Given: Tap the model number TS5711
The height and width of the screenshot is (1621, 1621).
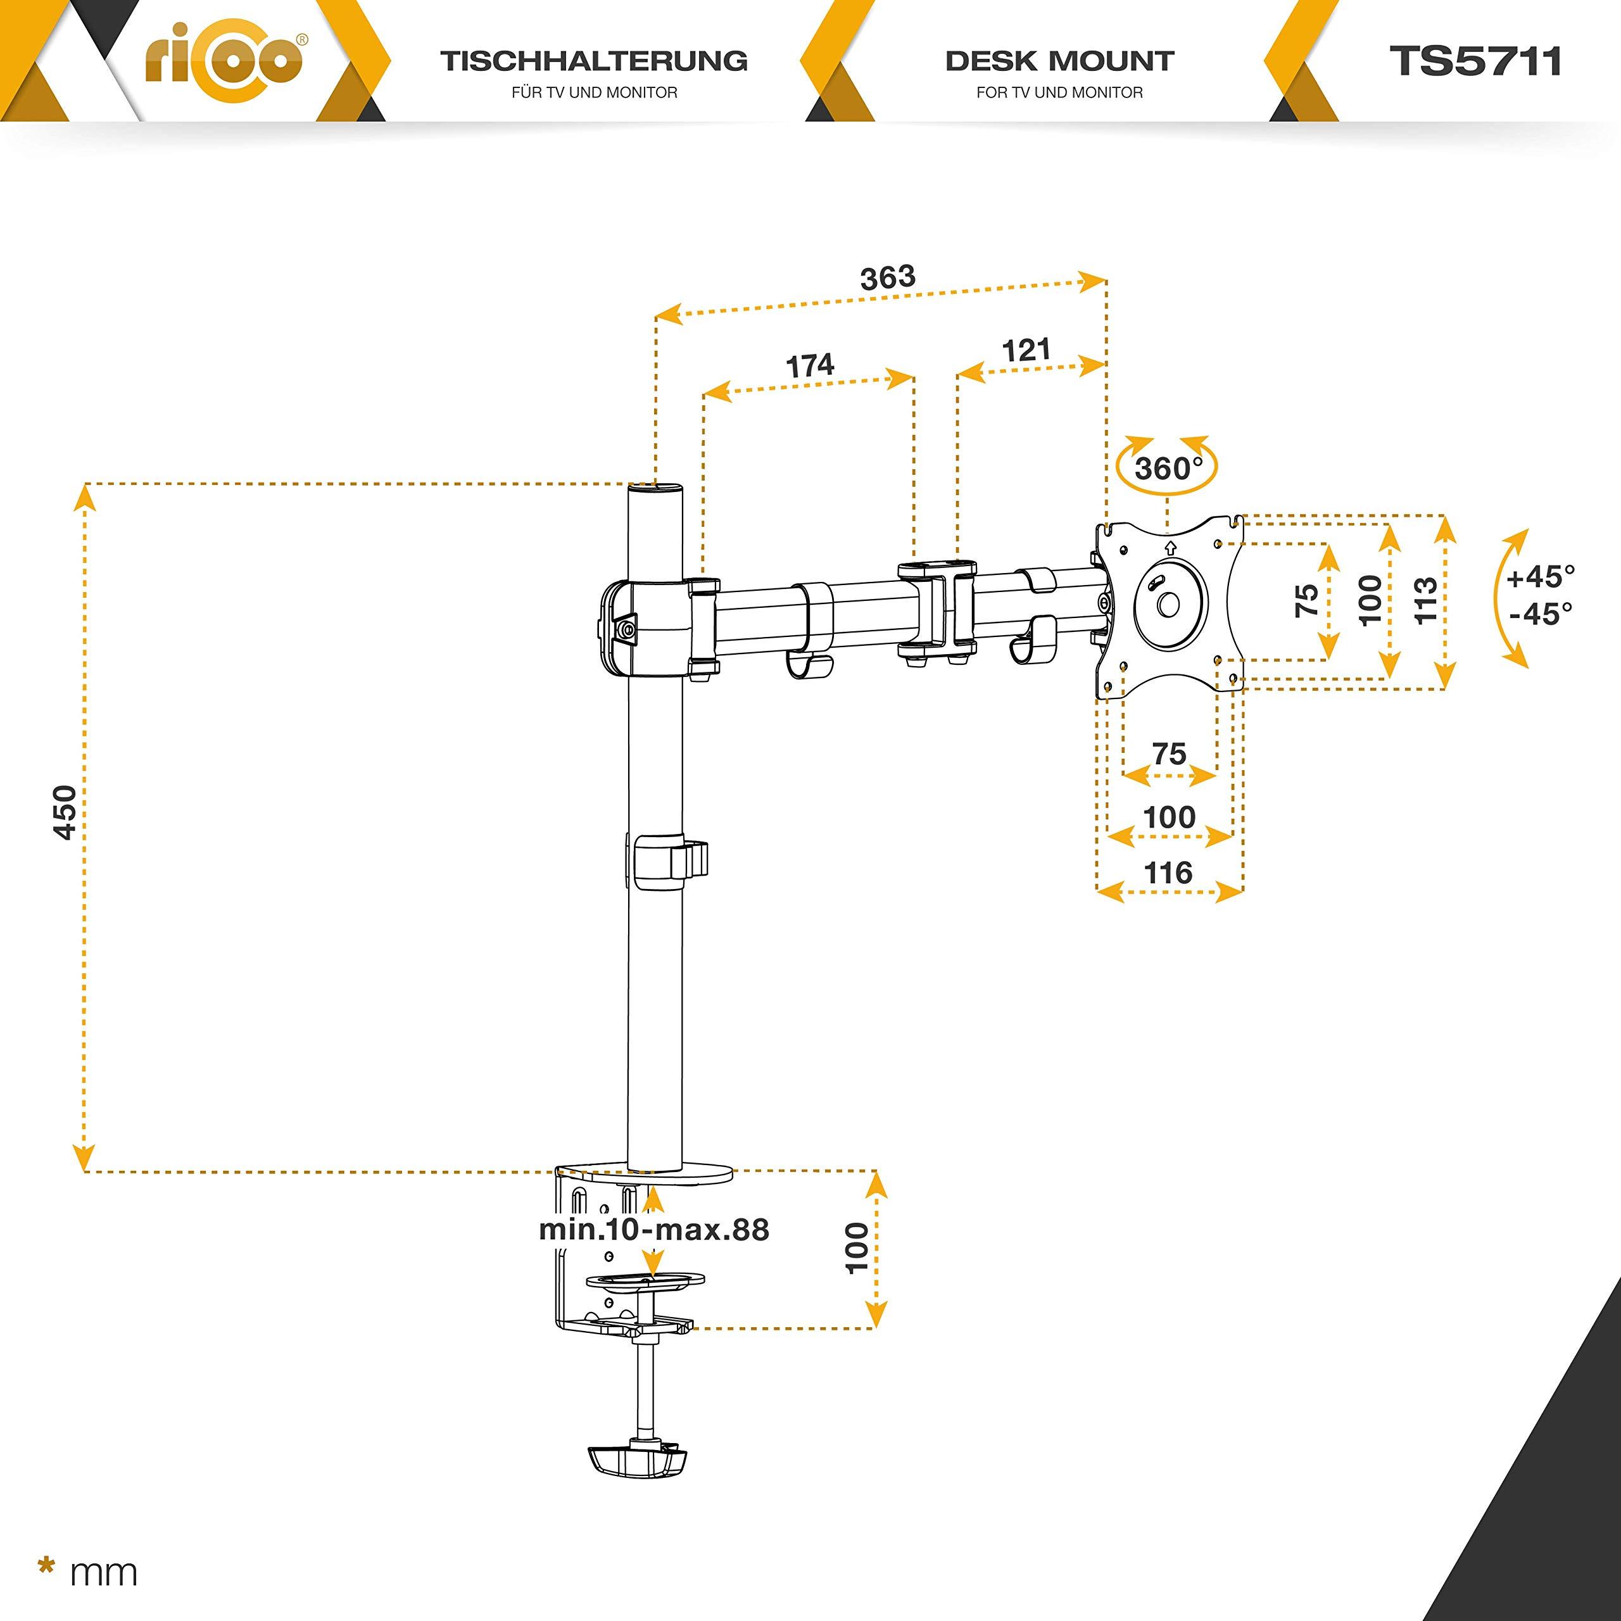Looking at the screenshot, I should point(1475,61).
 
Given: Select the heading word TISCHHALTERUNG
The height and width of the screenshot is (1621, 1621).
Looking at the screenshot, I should point(594,61).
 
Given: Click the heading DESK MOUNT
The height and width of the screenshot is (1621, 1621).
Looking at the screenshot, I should point(1060,61).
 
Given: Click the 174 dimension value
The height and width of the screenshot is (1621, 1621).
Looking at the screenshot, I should point(810,366).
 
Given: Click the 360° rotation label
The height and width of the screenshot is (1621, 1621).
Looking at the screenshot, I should point(1167,468).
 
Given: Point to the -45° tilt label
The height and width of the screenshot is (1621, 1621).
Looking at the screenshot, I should point(1541,614).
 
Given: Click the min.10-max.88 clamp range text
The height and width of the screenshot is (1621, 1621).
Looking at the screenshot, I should point(653,1230).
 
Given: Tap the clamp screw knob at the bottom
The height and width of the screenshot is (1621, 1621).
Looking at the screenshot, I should point(638,1461).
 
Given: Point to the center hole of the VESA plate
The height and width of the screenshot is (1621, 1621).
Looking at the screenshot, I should point(1168,603).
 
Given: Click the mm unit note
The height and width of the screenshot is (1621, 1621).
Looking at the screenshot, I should point(103,1573).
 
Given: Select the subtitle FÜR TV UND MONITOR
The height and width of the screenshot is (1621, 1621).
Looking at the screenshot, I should point(594,92).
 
